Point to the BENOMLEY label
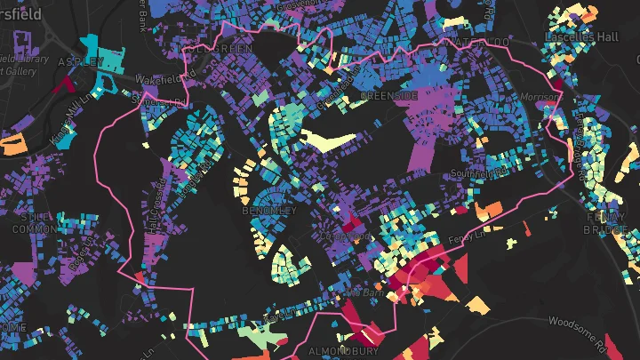coord(269,212)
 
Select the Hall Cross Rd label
coord(152,214)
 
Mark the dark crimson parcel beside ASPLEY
coord(65,84)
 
